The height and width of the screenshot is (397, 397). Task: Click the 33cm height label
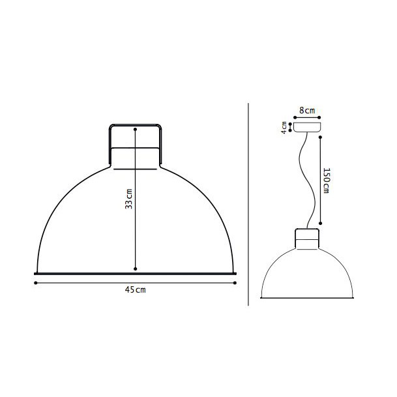pyautogui.click(x=129, y=199)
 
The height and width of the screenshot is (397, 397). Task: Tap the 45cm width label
pyautogui.click(x=135, y=290)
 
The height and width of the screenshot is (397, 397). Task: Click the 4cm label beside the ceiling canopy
pyautogui.click(x=284, y=127)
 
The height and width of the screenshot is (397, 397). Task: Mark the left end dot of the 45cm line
pyautogui.click(x=34, y=282)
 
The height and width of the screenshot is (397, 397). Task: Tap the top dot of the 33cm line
pyautogui.click(x=135, y=129)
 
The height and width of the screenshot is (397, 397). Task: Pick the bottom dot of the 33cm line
pyautogui.click(x=135, y=268)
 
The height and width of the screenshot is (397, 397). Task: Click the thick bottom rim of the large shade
pyautogui.click(x=135, y=272)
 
